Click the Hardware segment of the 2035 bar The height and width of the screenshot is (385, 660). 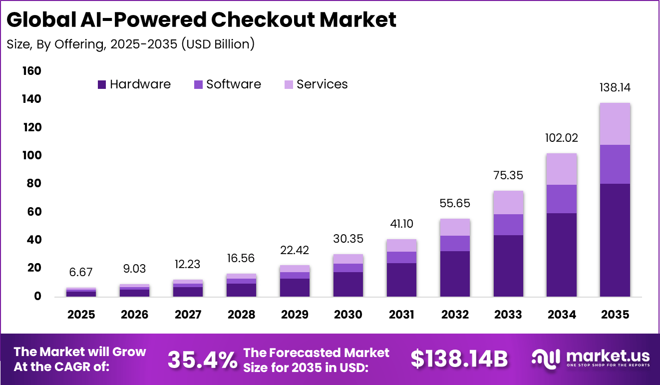tap(615, 240)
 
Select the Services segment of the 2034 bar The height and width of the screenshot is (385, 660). tap(562, 169)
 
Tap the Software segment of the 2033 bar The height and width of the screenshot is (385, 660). tap(508, 224)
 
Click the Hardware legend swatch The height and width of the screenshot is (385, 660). tap(102, 85)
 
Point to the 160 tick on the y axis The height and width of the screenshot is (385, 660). tap(31, 71)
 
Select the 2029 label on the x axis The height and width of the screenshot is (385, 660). tap(295, 315)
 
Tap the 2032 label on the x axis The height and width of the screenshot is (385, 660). tap(455, 315)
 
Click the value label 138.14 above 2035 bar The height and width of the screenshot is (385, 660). tap(615, 88)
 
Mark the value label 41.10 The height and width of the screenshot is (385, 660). tap(401, 224)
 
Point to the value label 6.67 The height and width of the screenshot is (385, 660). tap(81, 272)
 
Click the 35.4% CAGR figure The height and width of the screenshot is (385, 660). tap(202, 359)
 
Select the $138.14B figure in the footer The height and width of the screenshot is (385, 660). tap(459, 359)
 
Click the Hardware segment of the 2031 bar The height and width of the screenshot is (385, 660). tap(401, 280)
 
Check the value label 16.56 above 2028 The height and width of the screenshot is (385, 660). tap(241, 258)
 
